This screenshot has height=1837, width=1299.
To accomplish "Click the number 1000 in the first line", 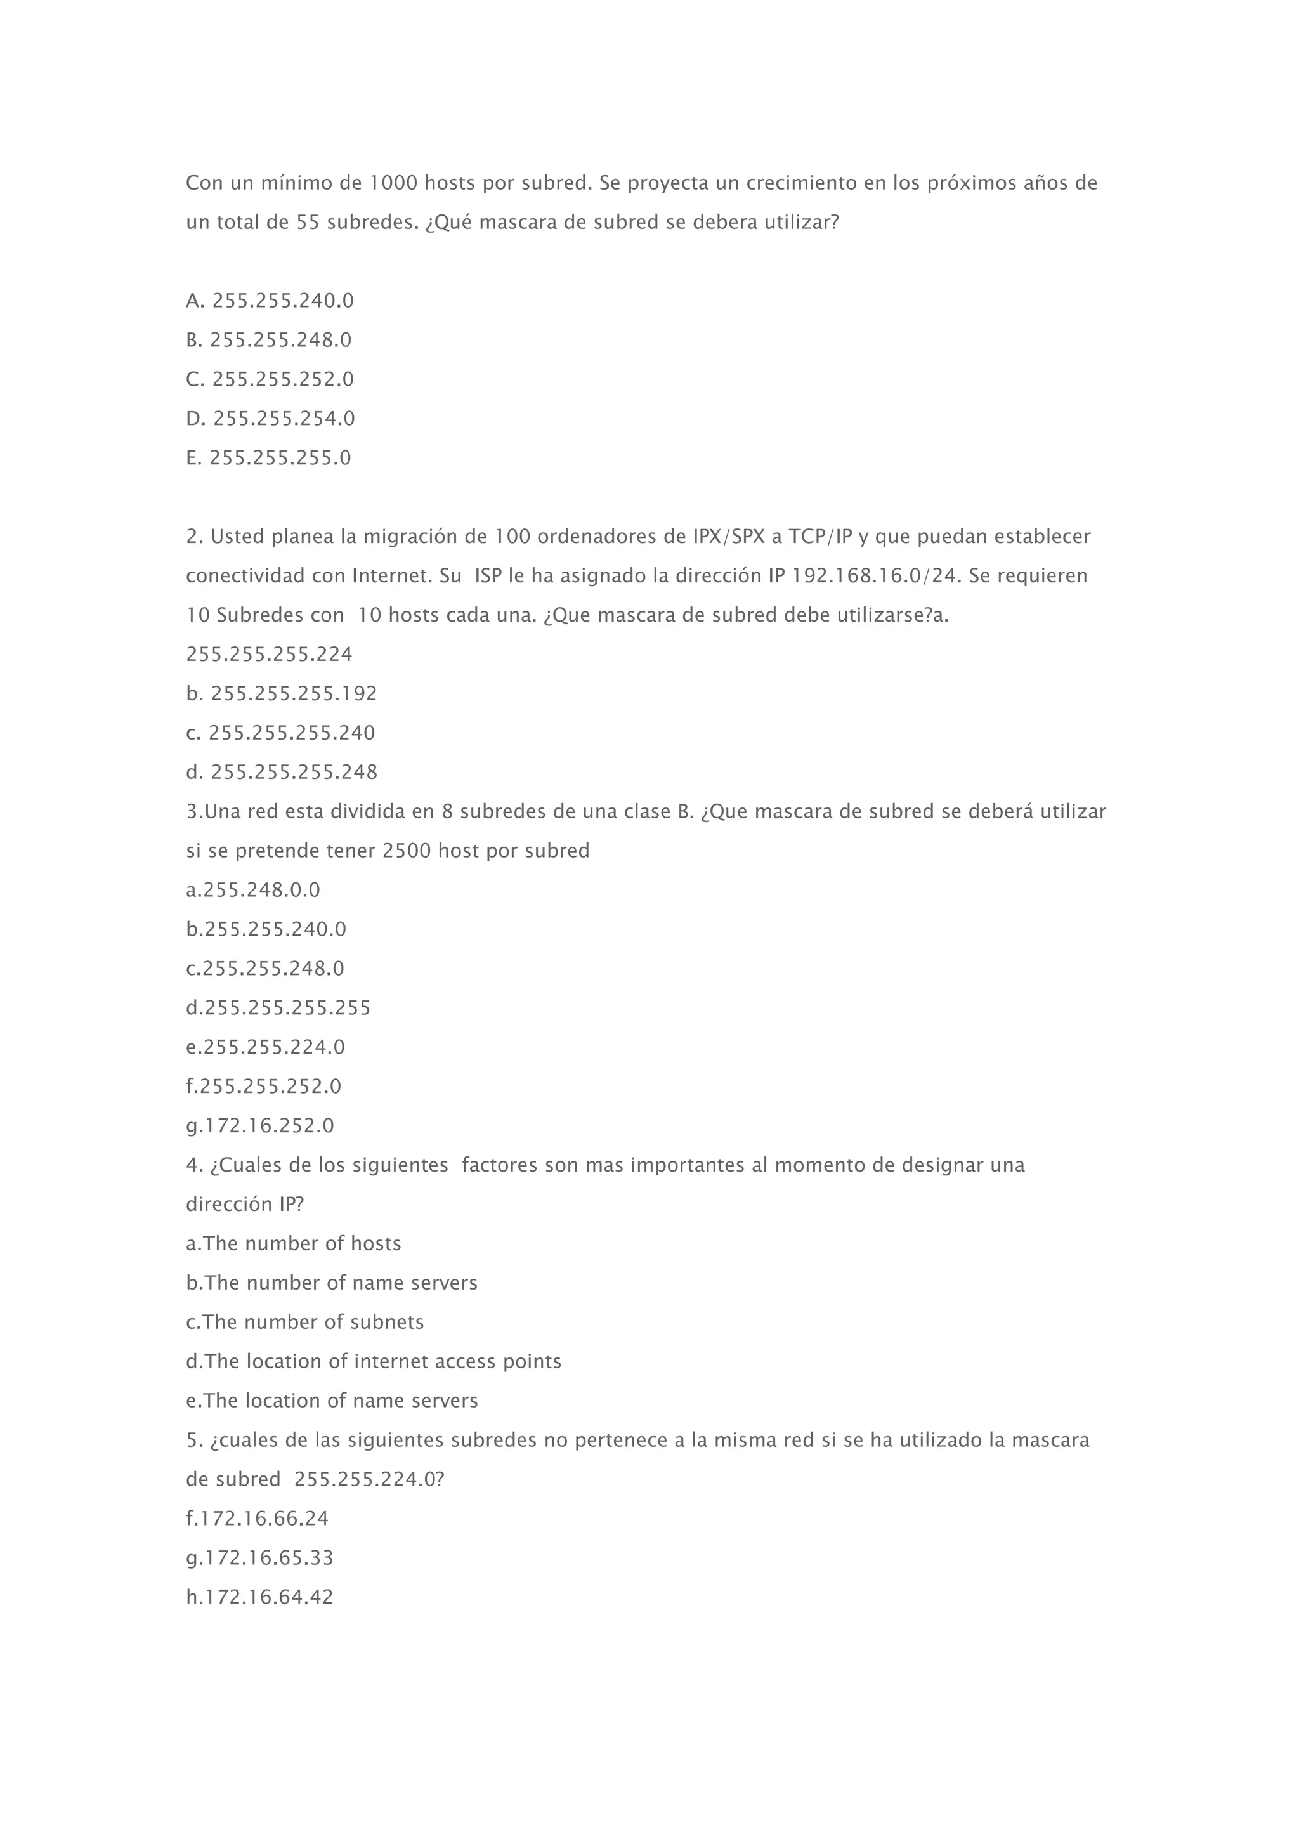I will [393, 183].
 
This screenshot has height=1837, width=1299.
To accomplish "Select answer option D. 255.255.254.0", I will [270, 419].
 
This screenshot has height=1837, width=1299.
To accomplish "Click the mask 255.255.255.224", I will [269, 655].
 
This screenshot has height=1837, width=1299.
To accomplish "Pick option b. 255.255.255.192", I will [282, 694].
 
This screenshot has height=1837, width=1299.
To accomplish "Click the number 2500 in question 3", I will [407, 851].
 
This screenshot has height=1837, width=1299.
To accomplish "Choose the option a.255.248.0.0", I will [253, 890].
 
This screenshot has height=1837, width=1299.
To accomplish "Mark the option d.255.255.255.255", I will [278, 1007].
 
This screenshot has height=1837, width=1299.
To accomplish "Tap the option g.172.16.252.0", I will [260, 1126].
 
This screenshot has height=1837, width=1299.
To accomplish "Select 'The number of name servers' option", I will [331, 1283].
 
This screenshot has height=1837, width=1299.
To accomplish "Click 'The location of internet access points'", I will [374, 1361].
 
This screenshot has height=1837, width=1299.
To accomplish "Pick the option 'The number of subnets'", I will [304, 1322].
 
